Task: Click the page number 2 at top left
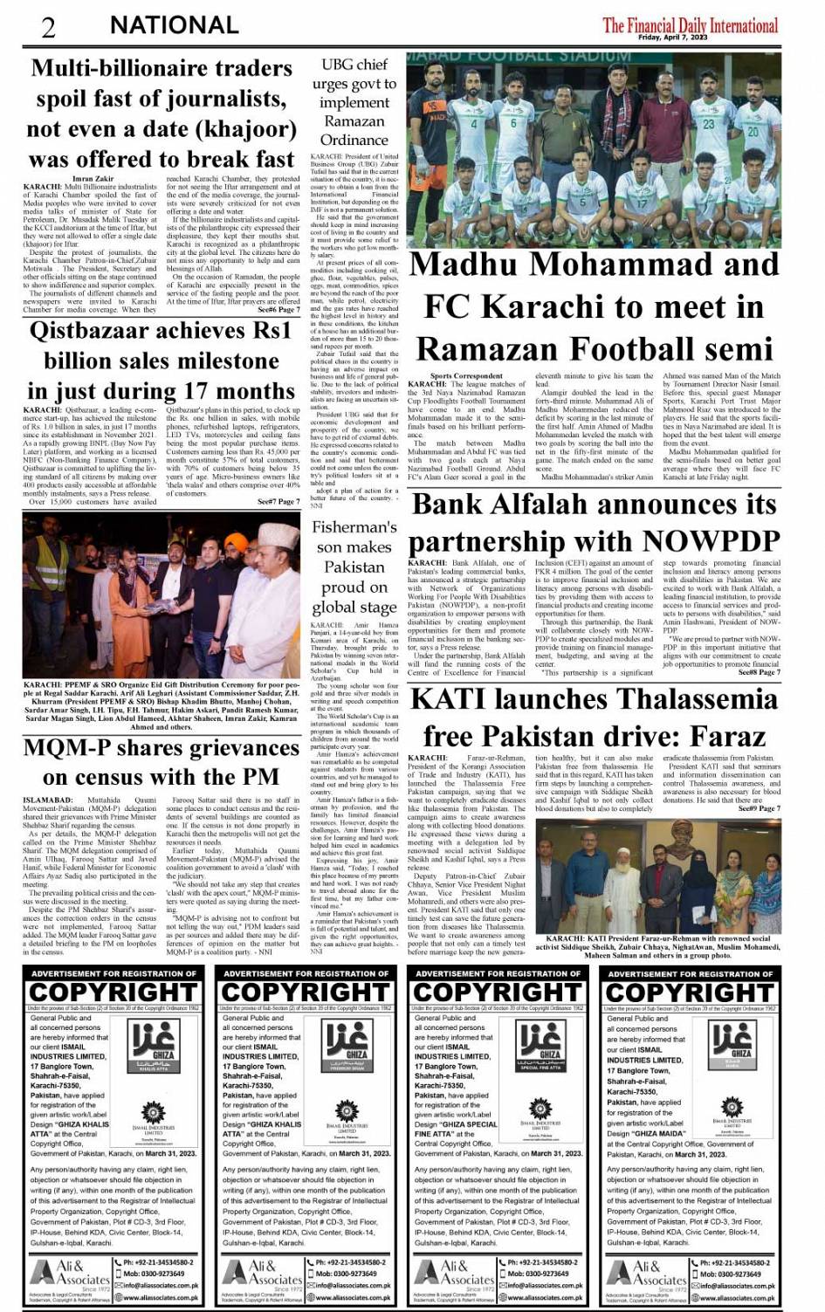coord(49,27)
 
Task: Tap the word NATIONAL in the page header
coord(174,26)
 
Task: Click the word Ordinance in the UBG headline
coord(354,140)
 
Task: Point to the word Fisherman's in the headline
coord(354,527)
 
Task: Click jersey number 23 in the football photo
coord(709,124)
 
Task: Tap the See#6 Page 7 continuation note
coord(278,310)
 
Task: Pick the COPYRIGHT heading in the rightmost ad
coord(690,993)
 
